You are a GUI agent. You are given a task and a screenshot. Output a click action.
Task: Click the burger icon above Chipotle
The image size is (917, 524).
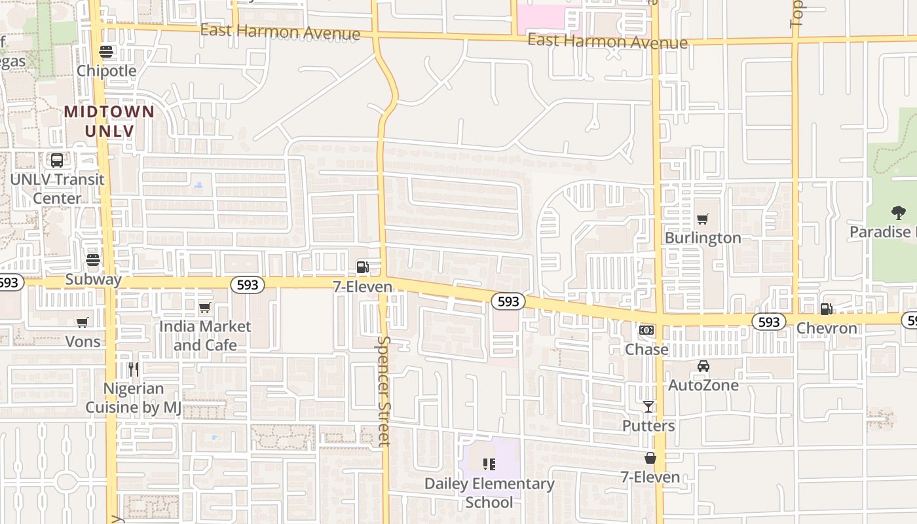tap(106, 52)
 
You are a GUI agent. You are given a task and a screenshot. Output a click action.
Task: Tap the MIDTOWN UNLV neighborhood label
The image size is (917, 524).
tap(109, 121)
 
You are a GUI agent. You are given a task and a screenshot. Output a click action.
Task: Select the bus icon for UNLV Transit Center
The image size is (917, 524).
tap(57, 160)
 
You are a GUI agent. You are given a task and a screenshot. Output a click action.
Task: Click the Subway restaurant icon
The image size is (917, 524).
tap(93, 261)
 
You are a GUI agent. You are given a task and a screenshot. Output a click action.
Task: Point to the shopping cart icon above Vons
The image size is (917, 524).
tap(82, 322)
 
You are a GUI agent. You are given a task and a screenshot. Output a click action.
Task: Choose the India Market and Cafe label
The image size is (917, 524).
tap(205, 335)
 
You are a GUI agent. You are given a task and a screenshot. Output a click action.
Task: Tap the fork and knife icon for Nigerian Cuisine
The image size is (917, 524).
tap(134, 369)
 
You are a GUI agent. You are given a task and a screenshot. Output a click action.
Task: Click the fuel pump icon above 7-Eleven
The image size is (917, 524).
tap(362, 267)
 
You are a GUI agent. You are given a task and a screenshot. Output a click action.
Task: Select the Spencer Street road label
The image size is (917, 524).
tap(384, 390)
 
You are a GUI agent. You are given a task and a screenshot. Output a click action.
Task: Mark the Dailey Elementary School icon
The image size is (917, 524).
tap(489, 464)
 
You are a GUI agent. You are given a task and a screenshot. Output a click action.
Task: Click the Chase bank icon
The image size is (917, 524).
tap(646, 330)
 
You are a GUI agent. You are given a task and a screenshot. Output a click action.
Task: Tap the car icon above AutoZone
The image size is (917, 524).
tap(703, 366)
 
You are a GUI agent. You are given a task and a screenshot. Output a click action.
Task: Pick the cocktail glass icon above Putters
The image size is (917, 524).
tap(648, 407)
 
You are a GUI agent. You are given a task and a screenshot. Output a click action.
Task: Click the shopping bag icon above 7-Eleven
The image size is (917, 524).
tap(650, 458)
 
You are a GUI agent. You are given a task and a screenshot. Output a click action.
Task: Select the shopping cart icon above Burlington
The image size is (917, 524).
tap(703, 219)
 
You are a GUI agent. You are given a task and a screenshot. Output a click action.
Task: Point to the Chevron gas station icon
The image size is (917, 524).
tap(827, 309)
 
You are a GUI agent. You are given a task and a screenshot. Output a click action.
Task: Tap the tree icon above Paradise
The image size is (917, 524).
tap(898, 212)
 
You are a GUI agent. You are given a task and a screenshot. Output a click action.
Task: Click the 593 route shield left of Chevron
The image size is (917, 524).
tap(769, 322)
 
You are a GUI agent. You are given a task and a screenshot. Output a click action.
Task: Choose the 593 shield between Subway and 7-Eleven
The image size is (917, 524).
tap(248, 284)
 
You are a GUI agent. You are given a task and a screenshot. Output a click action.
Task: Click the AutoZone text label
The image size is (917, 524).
tap(703, 385)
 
